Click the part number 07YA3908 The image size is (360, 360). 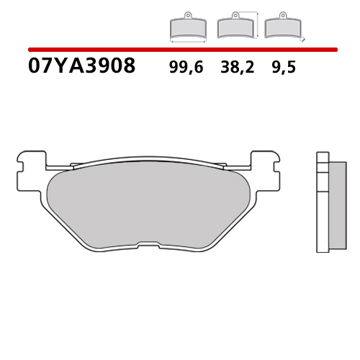pos(81,67)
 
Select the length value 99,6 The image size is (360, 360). pos(186,68)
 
